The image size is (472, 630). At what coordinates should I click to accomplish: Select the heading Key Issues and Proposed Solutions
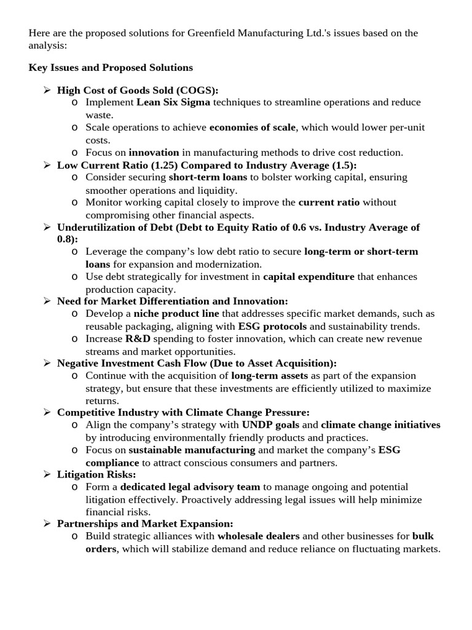pyautogui.click(x=111, y=67)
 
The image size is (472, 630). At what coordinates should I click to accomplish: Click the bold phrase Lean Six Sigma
pyautogui.click(x=173, y=102)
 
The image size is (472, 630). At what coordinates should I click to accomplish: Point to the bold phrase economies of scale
pyautogui.click(x=253, y=127)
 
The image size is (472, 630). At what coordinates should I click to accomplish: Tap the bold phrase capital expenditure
pyautogui.click(x=309, y=277)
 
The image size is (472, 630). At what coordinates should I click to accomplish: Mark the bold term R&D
pyautogui.click(x=138, y=339)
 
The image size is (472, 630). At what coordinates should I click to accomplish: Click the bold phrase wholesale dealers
pyautogui.click(x=259, y=536)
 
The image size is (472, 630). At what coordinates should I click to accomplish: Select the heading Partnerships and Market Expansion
pyautogui.click(x=145, y=524)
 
